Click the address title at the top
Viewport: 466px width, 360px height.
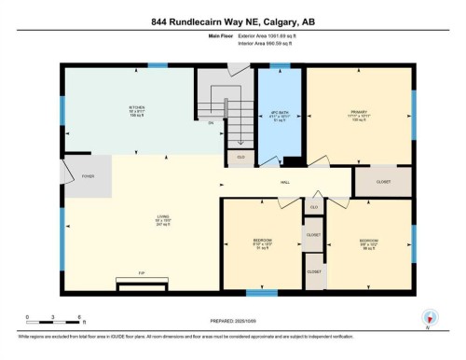pos(232,20)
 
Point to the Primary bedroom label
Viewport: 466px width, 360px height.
pos(360,116)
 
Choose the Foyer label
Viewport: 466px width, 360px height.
pos(87,174)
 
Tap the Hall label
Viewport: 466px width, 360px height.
pos(286,183)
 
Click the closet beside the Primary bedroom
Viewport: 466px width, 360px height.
pos(383,183)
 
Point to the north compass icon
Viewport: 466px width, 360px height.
pos(428,317)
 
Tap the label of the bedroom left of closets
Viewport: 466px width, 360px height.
pos(262,243)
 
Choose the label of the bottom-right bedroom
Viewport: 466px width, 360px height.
pos(368,243)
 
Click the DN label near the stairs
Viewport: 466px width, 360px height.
pos(212,122)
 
